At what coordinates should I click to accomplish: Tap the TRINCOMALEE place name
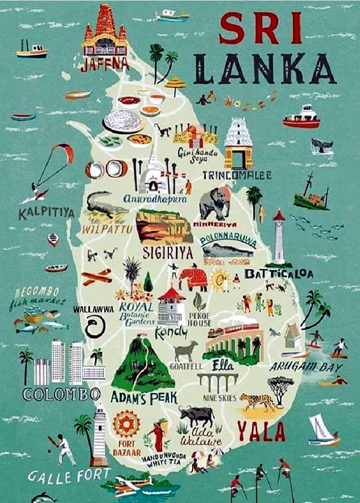click(x=237, y=175)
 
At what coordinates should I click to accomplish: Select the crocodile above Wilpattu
click(x=106, y=205)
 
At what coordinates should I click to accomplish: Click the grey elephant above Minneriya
click(x=215, y=203)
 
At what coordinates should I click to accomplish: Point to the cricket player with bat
click(x=64, y=449)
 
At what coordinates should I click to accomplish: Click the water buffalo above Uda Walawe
click(x=196, y=416)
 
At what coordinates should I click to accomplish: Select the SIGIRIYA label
click(x=167, y=253)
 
